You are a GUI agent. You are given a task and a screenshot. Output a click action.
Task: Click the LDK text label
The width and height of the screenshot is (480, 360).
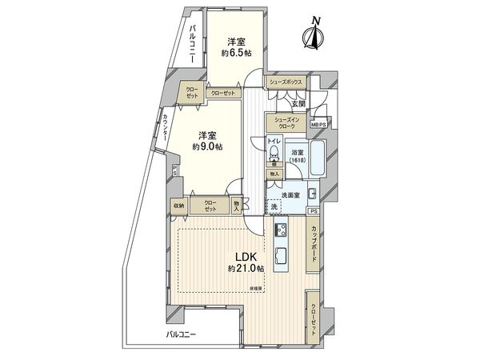coord(244,257)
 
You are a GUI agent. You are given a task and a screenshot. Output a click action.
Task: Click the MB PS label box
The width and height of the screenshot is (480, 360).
coord(318,125)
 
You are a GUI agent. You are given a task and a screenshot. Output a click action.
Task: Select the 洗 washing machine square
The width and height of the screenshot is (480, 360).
coord(274,208)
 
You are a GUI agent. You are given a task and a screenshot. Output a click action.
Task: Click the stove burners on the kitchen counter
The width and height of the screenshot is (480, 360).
coord(280,233)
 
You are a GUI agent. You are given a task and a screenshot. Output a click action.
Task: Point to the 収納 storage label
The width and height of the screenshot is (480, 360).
coord(178,206)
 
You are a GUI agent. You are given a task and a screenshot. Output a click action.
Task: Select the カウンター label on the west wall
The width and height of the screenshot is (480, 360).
coord(166,129)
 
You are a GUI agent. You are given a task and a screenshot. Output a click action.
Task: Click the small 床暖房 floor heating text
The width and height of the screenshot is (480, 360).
coord(256,286)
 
